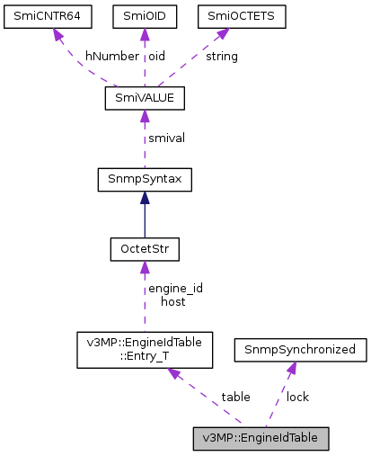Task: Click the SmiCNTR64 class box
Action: [50, 16]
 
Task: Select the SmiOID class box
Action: [144, 16]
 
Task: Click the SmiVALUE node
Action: [144, 97]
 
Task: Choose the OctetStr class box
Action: [144, 246]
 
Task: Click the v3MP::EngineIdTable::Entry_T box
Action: [144, 349]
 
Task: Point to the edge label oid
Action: [156, 56]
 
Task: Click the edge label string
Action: [222, 56]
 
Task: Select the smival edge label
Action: [166, 139]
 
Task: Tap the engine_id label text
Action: [175, 288]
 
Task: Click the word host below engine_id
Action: [172, 301]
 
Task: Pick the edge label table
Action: [235, 397]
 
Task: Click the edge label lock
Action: [297, 397]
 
